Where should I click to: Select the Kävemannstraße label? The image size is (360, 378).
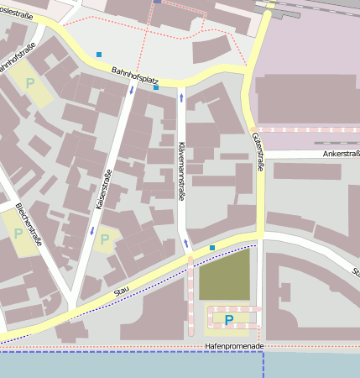[180, 171]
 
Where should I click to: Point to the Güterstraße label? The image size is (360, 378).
[258, 153]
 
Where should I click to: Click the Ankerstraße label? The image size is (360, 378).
[335, 154]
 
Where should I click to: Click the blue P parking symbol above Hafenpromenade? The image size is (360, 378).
[228, 319]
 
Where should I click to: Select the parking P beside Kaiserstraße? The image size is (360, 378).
[105, 240]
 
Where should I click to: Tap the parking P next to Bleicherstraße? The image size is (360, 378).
[18, 233]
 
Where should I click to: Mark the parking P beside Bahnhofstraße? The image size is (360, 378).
[31, 83]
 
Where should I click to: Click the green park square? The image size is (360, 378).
[224, 275]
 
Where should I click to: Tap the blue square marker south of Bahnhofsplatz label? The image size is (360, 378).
[156, 87]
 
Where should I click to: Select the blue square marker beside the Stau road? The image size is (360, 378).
[212, 247]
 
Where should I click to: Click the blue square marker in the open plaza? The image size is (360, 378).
[99, 55]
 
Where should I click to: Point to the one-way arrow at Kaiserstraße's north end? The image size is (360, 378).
[131, 90]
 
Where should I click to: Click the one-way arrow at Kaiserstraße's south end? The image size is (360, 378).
[91, 230]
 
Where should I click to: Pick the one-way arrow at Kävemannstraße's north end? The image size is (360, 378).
[181, 98]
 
